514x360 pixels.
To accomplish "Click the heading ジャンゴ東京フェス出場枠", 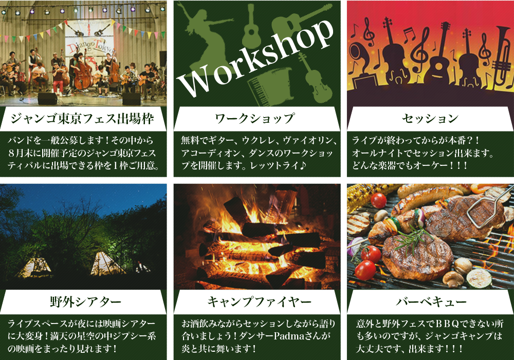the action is pos(82,119).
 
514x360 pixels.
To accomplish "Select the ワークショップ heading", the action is pos(255,118).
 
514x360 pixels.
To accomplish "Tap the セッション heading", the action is pos(430,118).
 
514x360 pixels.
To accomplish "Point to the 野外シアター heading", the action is pos(85,301).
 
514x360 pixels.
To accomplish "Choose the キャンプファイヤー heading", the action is pos(259,301).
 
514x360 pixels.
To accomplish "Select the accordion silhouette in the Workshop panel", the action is pos(269,85).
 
